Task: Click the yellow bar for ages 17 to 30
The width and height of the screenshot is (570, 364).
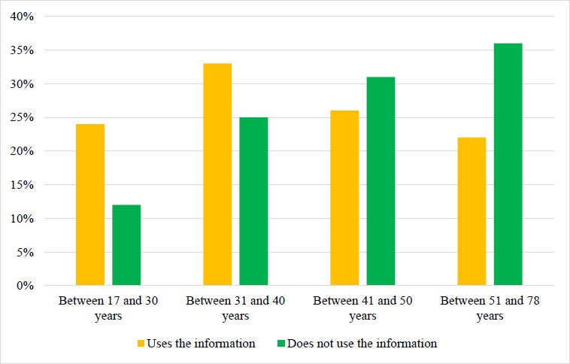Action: (90, 205)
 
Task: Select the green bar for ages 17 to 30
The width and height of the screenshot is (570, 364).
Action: (126, 245)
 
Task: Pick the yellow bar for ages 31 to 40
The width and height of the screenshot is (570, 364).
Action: (217, 174)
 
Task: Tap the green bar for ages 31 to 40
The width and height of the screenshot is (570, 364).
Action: (253, 202)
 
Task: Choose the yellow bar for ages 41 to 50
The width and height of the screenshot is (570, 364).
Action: (344, 199)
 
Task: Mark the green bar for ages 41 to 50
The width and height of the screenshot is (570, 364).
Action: (381, 181)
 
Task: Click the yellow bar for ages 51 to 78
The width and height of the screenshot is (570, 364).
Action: (471, 211)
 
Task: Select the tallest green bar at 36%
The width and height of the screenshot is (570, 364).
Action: (508, 165)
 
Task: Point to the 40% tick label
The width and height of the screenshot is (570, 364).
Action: (22, 17)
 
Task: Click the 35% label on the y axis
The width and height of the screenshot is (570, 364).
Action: (22, 50)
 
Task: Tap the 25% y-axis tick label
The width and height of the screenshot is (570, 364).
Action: (22, 117)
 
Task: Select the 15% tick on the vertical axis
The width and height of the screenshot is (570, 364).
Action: (22, 185)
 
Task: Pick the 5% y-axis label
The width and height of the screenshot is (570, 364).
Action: (25, 253)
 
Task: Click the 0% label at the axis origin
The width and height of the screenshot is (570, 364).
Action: (25, 286)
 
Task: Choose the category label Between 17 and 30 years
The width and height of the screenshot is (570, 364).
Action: (108, 308)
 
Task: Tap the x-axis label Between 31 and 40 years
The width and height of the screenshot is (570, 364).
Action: (235, 308)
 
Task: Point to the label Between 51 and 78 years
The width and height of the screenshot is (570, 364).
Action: (490, 308)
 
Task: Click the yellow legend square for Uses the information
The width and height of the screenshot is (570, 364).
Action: (141, 343)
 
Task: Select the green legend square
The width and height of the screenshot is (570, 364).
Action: (281, 343)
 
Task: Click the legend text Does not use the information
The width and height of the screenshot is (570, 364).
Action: (362, 344)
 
